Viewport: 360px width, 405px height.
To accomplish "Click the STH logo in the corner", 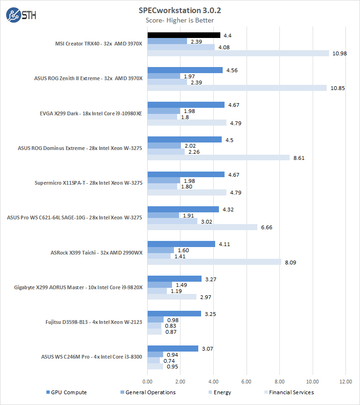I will tap(21, 15).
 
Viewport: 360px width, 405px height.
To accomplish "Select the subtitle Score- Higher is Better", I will tap(180, 20).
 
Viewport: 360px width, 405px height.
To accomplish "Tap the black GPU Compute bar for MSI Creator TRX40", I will tap(184, 35).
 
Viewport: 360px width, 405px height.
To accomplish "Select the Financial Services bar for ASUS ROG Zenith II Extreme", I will tap(237, 88).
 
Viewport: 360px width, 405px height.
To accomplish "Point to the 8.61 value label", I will tap(299, 157).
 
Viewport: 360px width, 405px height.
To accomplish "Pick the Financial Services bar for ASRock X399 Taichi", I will tap(214, 262).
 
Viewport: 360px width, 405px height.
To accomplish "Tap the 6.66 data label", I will tap(266, 227).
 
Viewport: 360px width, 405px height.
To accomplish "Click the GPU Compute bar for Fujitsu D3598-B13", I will tap(174, 314).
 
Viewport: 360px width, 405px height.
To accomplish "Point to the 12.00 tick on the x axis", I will tap(346, 381).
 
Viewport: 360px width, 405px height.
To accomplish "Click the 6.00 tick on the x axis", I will tap(247, 381).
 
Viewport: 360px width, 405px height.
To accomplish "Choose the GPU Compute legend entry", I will tap(66, 392).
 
